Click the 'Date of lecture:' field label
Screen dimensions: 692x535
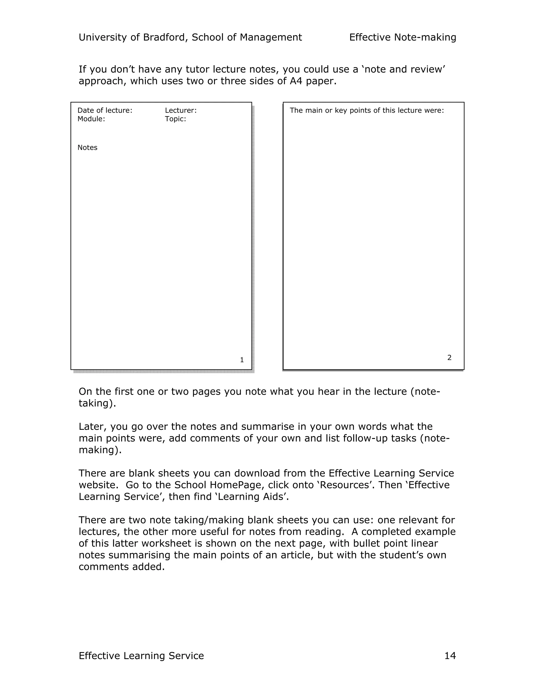[x=104, y=110]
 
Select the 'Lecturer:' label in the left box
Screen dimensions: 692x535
[x=181, y=110]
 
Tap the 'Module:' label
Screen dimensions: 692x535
[x=91, y=119]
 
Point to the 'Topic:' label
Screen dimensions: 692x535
[x=175, y=119]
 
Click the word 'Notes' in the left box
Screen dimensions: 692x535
[x=87, y=148]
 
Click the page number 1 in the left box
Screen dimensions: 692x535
[x=242, y=360]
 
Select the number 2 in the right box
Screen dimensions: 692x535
[x=449, y=358]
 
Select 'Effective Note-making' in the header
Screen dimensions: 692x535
[x=403, y=37]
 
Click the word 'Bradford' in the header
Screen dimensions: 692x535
[x=163, y=37]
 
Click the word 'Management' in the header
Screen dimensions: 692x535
[x=271, y=37]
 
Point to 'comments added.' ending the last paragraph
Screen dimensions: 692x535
[x=122, y=567]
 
